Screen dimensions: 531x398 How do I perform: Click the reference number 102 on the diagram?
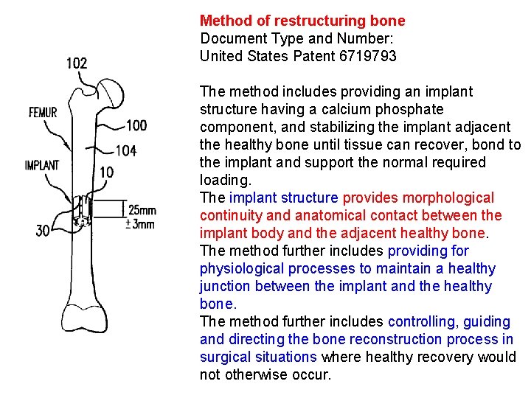[77, 63]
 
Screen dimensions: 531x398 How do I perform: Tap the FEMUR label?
[42, 113]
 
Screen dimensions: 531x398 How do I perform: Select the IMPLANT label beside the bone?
[42, 165]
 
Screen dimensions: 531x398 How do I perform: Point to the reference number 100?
[136, 126]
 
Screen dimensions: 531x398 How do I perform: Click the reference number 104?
[126, 151]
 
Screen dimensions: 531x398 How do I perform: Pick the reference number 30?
[44, 231]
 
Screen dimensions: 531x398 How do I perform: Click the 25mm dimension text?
[142, 210]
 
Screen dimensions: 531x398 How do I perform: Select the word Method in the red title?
[221, 21]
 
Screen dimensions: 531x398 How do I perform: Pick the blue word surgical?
[225, 357]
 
